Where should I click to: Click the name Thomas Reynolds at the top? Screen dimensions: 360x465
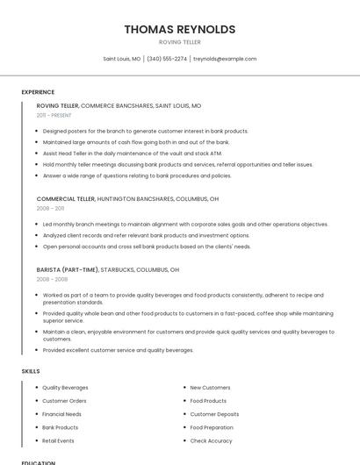pos(179,29)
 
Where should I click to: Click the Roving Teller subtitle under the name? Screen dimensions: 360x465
pos(179,42)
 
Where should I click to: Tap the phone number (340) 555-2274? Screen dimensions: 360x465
pos(167,59)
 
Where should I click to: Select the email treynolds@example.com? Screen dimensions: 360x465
pos(225,59)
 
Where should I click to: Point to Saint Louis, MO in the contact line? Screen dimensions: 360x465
pos(122,59)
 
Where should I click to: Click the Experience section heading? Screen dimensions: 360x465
pos(38,92)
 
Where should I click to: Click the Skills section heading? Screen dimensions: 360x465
pos(31,371)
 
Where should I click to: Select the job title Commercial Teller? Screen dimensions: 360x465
pos(66,199)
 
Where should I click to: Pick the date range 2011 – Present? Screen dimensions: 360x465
pos(54,115)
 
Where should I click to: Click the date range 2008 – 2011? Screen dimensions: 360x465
pos(50,209)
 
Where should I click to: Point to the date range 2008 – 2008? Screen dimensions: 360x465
pos(52,280)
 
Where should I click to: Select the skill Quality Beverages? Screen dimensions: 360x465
pos(65,388)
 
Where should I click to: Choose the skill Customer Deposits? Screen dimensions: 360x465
pos(214,414)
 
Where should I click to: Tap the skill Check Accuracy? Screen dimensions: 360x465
pos(211,440)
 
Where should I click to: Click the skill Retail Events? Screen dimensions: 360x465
pos(58,440)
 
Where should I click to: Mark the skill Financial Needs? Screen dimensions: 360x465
pos(61,414)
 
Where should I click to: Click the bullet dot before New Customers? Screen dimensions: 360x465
pos(184,388)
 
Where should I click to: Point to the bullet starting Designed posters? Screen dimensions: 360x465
pos(145,131)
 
